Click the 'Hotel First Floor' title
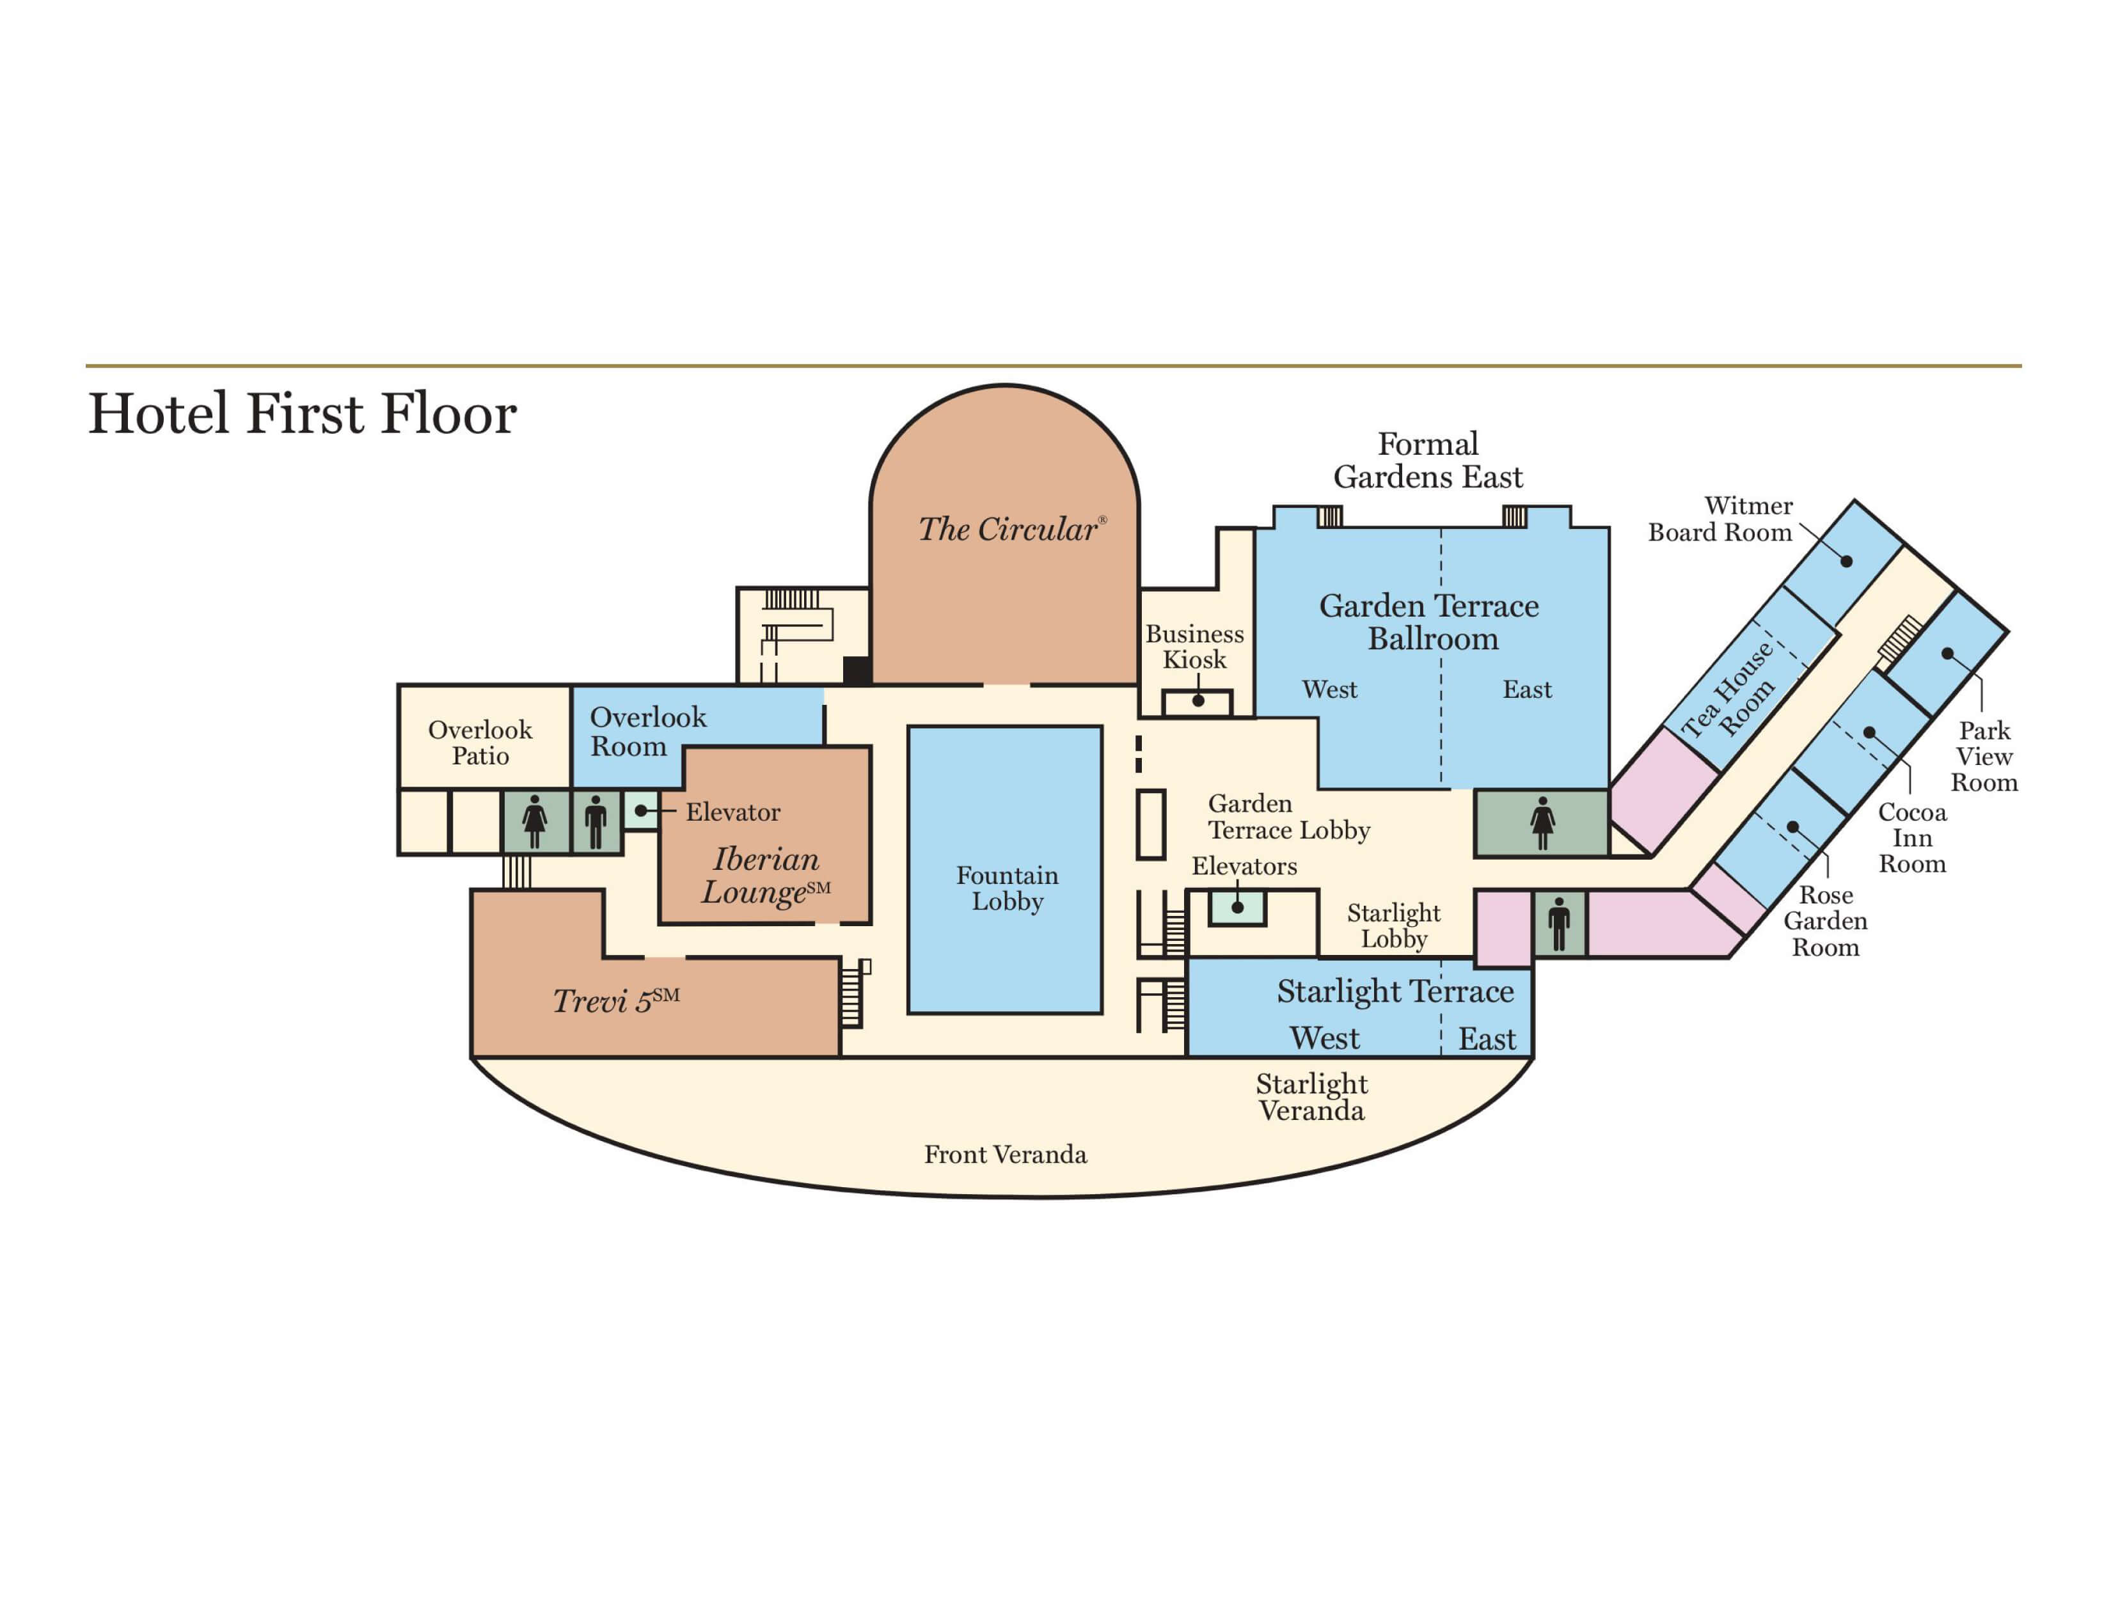(x=303, y=414)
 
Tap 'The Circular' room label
(x=1008, y=530)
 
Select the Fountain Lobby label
(x=1007, y=888)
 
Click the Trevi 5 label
(x=615, y=1000)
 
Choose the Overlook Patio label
(x=480, y=743)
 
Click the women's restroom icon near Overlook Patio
(x=535, y=823)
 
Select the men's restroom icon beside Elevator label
(x=596, y=823)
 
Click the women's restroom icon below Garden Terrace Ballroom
(x=1543, y=824)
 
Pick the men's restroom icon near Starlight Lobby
(x=1559, y=924)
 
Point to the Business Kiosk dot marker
(x=1198, y=701)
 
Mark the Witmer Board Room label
(x=1721, y=519)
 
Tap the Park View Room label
(x=1984, y=757)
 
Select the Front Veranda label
(x=1005, y=1155)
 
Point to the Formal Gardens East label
(x=1428, y=460)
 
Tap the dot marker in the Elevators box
(x=1237, y=908)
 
